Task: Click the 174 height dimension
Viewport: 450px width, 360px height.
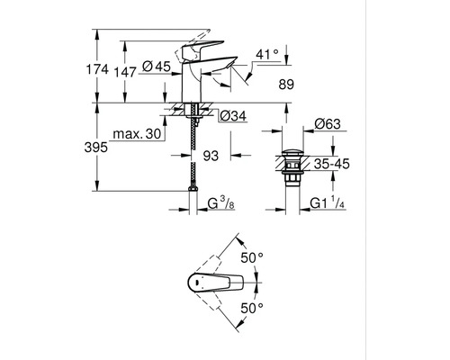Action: pyautogui.click(x=97, y=69)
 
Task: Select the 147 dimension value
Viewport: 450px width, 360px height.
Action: pyautogui.click(x=126, y=72)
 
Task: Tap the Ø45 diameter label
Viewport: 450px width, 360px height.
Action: pyautogui.click(x=156, y=66)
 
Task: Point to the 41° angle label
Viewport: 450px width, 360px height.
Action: pyautogui.click(x=267, y=55)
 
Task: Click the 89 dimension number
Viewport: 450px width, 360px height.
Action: pyautogui.click(x=286, y=85)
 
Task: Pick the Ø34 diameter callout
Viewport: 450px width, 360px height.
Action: pyautogui.click(x=233, y=116)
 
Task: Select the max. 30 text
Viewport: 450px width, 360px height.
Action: pyautogui.click(x=137, y=134)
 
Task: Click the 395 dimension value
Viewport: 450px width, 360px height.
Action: pyautogui.click(x=95, y=148)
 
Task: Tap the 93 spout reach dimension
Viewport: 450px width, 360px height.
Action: pyautogui.click(x=211, y=156)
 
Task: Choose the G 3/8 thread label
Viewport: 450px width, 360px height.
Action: pyautogui.click(x=221, y=203)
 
